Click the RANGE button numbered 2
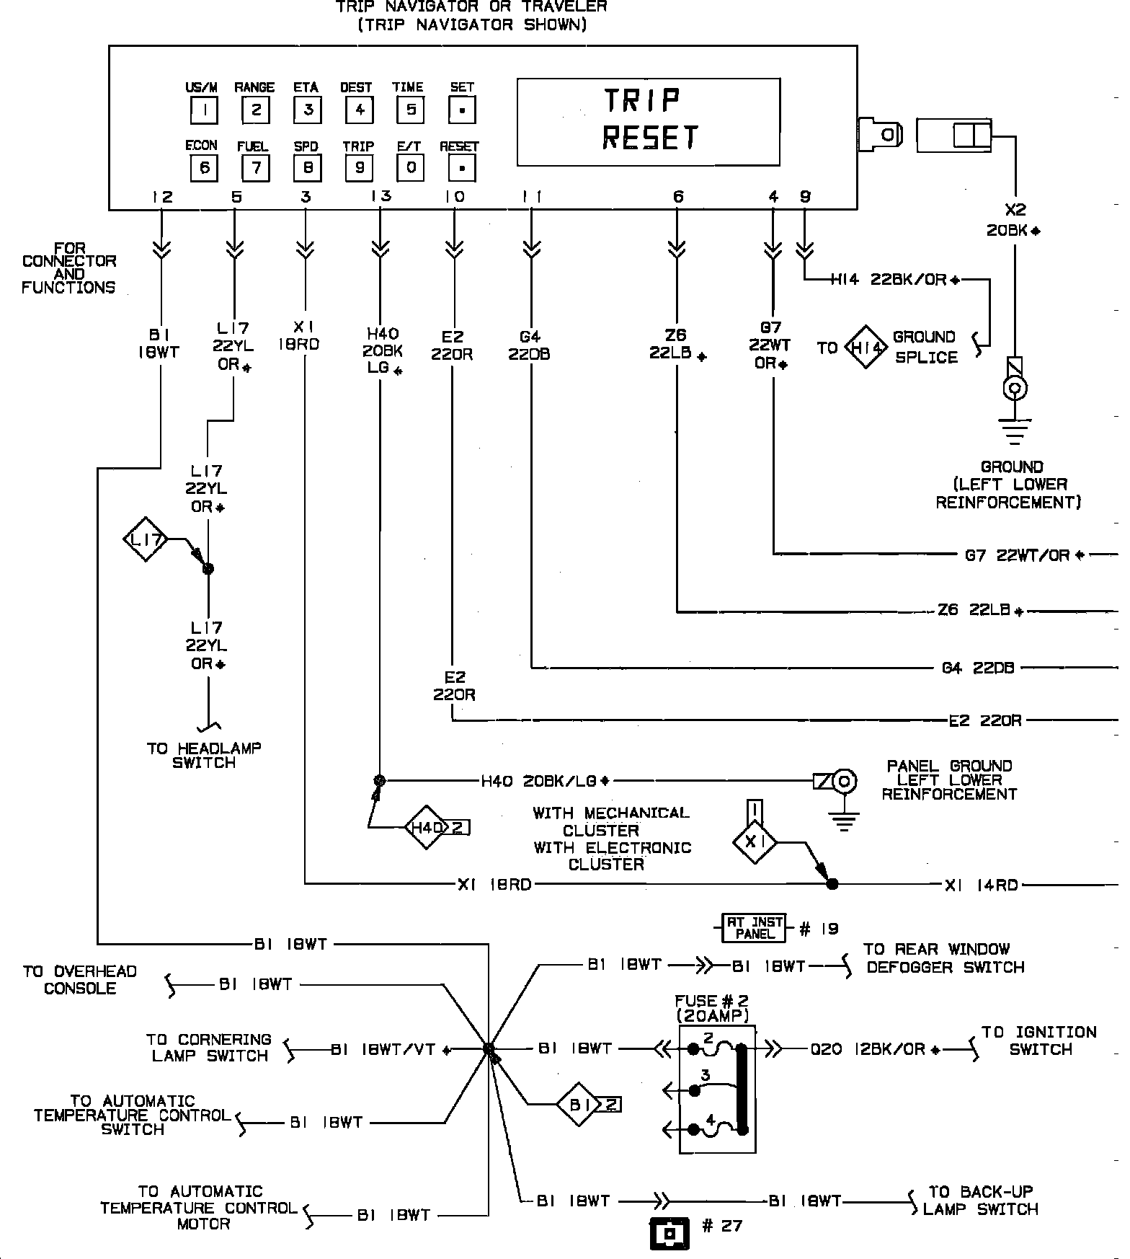click(255, 110)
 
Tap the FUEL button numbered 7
click(255, 169)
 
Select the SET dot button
click(462, 110)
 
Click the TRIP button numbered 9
click(359, 169)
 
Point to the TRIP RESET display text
click(649, 120)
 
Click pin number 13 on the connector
click(381, 197)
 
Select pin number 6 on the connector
click(678, 197)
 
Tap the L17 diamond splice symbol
click(146, 539)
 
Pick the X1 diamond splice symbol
click(755, 841)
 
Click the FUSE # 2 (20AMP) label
click(712, 1008)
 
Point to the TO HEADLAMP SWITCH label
click(204, 756)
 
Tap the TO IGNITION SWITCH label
click(1040, 1041)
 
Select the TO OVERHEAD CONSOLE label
click(80, 979)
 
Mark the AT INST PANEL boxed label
click(755, 928)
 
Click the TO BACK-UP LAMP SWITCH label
click(981, 1201)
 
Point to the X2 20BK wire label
click(1014, 220)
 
